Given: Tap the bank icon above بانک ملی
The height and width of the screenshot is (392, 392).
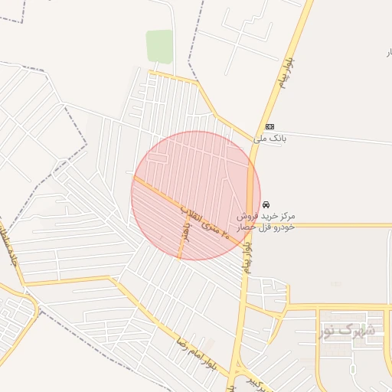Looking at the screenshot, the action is click(x=269, y=126).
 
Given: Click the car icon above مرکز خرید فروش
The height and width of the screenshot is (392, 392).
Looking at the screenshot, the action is click(x=266, y=205).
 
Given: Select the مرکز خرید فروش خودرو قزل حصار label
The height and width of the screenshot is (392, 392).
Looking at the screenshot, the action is click(x=277, y=222).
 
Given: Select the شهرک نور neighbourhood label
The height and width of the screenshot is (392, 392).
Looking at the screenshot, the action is click(x=348, y=331).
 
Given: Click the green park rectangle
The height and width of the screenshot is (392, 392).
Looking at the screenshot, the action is click(x=159, y=46).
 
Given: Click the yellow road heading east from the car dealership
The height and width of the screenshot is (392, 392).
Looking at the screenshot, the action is click(x=337, y=225).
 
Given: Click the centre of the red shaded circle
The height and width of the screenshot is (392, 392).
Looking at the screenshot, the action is click(x=196, y=195).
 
